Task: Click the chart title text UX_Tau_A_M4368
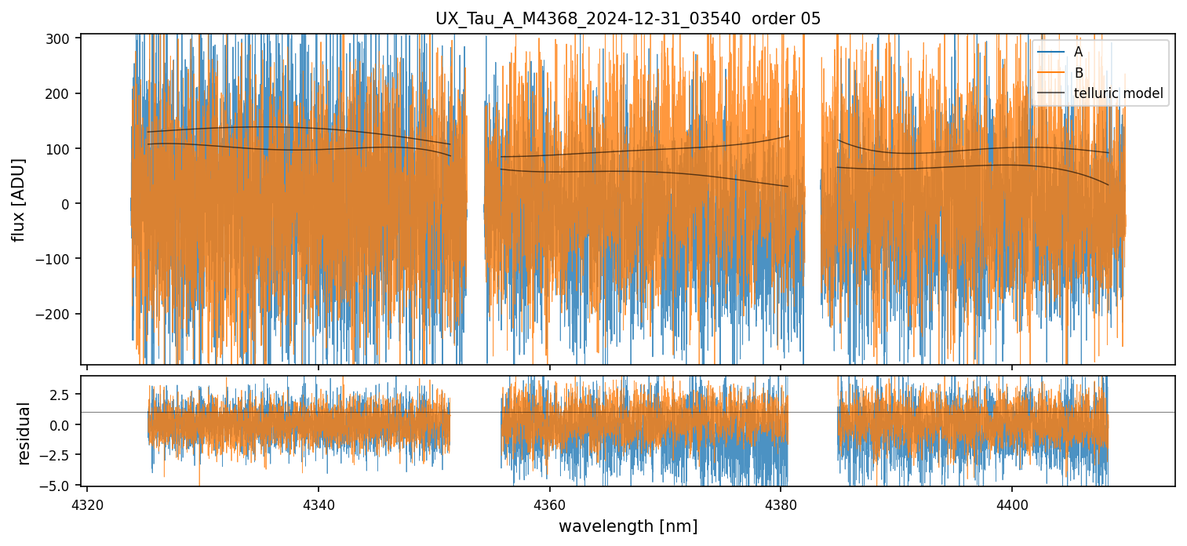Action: tap(628, 19)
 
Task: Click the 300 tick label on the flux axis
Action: tap(62, 38)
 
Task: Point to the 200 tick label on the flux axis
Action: tap(62, 94)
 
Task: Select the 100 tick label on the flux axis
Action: tap(62, 149)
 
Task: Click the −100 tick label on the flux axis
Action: tap(59, 259)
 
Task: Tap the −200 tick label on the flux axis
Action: tap(59, 314)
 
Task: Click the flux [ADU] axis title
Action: tap(19, 199)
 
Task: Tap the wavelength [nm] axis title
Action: tap(628, 526)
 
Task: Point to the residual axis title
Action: tap(24, 433)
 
